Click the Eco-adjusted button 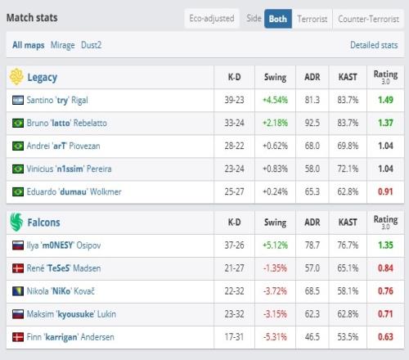212,19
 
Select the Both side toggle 278,19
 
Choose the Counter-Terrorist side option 368,19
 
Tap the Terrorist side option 312,19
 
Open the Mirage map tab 63,45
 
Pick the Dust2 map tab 92,45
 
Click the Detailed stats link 374,45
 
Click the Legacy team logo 16,77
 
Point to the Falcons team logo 16,222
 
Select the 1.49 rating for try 385,100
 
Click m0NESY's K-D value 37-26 234,245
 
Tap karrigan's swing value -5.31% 275,337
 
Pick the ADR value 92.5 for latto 312,123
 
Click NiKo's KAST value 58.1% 348,291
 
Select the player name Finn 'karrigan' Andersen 70,337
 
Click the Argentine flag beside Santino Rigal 18,100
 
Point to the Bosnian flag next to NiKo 18,291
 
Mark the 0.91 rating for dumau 385,191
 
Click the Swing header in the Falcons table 275,223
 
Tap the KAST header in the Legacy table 348,77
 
